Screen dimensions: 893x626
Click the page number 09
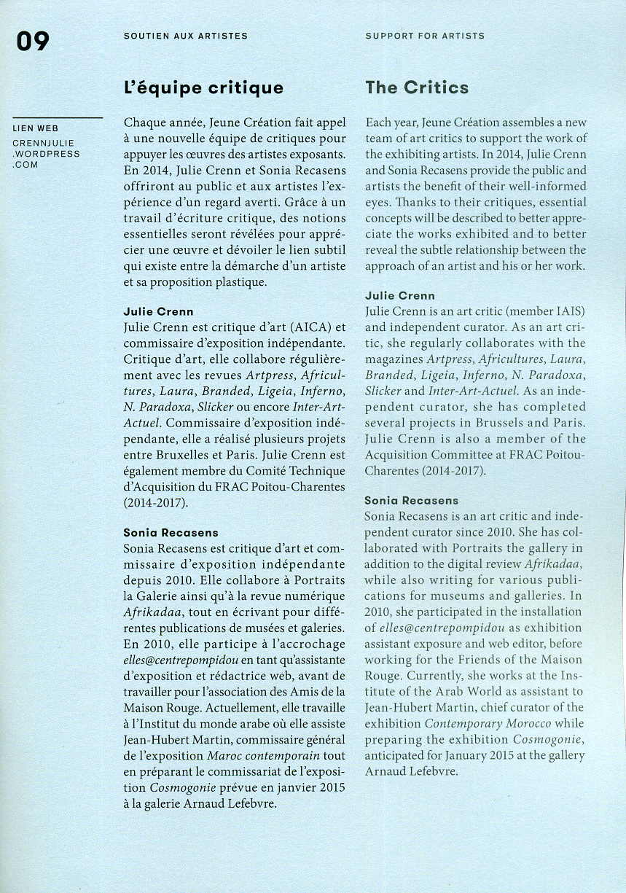pyautogui.click(x=33, y=42)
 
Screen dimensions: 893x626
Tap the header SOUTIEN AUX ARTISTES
pyautogui.click(x=186, y=36)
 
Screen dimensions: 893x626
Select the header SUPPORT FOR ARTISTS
pyautogui.click(x=425, y=36)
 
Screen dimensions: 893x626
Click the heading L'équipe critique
pyautogui.click(x=203, y=89)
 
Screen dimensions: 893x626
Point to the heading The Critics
pyautogui.click(x=417, y=88)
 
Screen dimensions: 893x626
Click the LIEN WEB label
pyautogui.click(x=36, y=129)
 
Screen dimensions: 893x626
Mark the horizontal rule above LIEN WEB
pyautogui.click(x=58, y=117)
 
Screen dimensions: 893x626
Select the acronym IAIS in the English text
pyautogui.click(x=569, y=311)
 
